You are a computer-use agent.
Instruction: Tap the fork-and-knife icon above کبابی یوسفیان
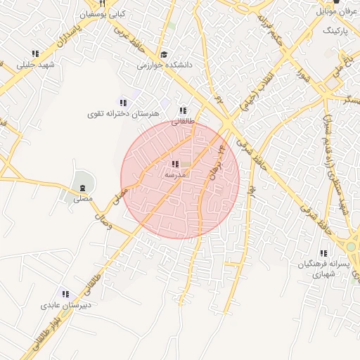[x=103, y=4]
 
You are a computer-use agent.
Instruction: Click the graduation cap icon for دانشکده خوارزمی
[x=164, y=54]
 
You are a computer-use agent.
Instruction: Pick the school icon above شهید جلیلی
[x=35, y=53]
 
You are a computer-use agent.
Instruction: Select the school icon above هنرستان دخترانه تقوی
[x=124, y=103]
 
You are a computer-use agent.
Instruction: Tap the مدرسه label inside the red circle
[x=175, y=174]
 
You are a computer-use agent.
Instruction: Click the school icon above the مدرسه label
[x=175, y=164]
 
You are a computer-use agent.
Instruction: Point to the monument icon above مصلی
[x=83, y=188]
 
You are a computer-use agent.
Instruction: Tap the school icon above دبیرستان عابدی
[x=65, y=295]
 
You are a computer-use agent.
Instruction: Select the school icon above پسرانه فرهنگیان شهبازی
[x=323, y=253]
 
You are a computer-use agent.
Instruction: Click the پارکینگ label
[x=336, y=32]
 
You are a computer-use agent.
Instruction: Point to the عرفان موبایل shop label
[x=336, y=11]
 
